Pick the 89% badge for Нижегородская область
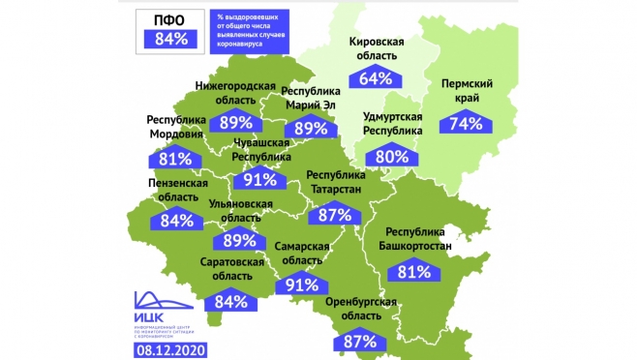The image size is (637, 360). point(236,123)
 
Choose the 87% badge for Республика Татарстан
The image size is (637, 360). point(334,215)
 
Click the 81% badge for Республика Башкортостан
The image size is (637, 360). point(413,272)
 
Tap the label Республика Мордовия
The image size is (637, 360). point(176,128)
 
